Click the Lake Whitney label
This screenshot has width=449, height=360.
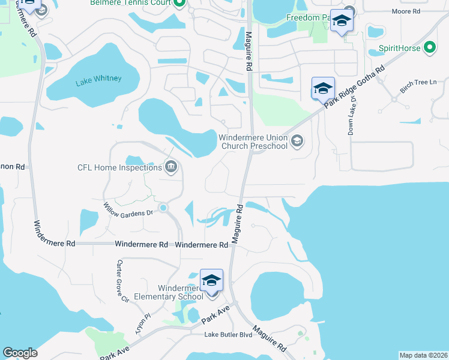pos(98,79)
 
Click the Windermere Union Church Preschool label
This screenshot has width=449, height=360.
pos(253,141)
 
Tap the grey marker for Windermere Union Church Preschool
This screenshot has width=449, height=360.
pos(296,141)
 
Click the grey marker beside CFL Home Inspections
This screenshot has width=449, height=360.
pos(171,167)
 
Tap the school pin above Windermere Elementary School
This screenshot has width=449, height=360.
pos(211,280)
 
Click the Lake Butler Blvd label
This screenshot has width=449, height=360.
pos(228,334)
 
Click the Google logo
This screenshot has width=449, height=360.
pos(20,353)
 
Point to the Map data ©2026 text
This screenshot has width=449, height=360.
pos(423,355)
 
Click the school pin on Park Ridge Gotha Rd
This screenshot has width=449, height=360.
pos(322,89)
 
